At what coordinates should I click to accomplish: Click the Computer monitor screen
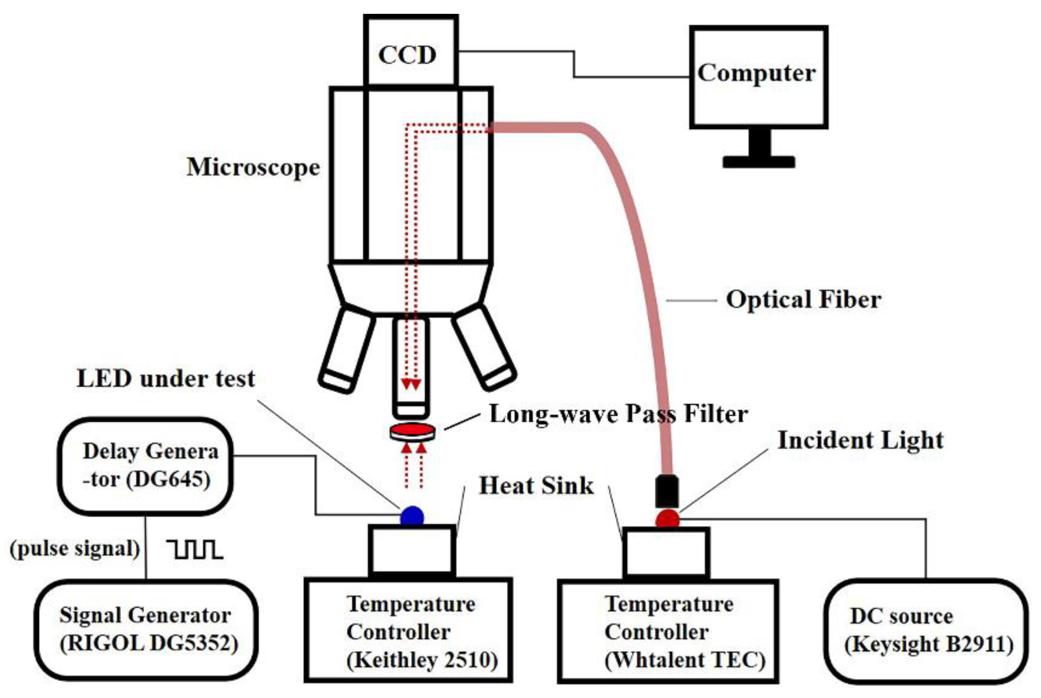coord(758,77)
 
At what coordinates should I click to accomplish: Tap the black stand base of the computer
coord(758,162)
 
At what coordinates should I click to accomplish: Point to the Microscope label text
coord(253,167)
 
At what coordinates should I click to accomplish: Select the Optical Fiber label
coord(803,299)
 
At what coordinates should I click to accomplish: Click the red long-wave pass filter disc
coord(412,431)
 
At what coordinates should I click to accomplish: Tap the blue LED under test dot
coord(412,517)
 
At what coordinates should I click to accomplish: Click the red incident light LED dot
coord(667,520)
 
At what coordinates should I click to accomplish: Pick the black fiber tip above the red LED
coord(667,491)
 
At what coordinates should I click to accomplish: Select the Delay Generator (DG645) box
coord(146,466)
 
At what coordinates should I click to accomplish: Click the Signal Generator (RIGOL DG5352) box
coord(146,629)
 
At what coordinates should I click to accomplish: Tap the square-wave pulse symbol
coord(195,549)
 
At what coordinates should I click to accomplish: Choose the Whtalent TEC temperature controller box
coord(667,631)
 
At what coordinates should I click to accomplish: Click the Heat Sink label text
coord(536,486)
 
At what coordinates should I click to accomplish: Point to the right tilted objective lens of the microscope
coord(484,349)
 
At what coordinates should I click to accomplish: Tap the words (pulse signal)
coord(75,549)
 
